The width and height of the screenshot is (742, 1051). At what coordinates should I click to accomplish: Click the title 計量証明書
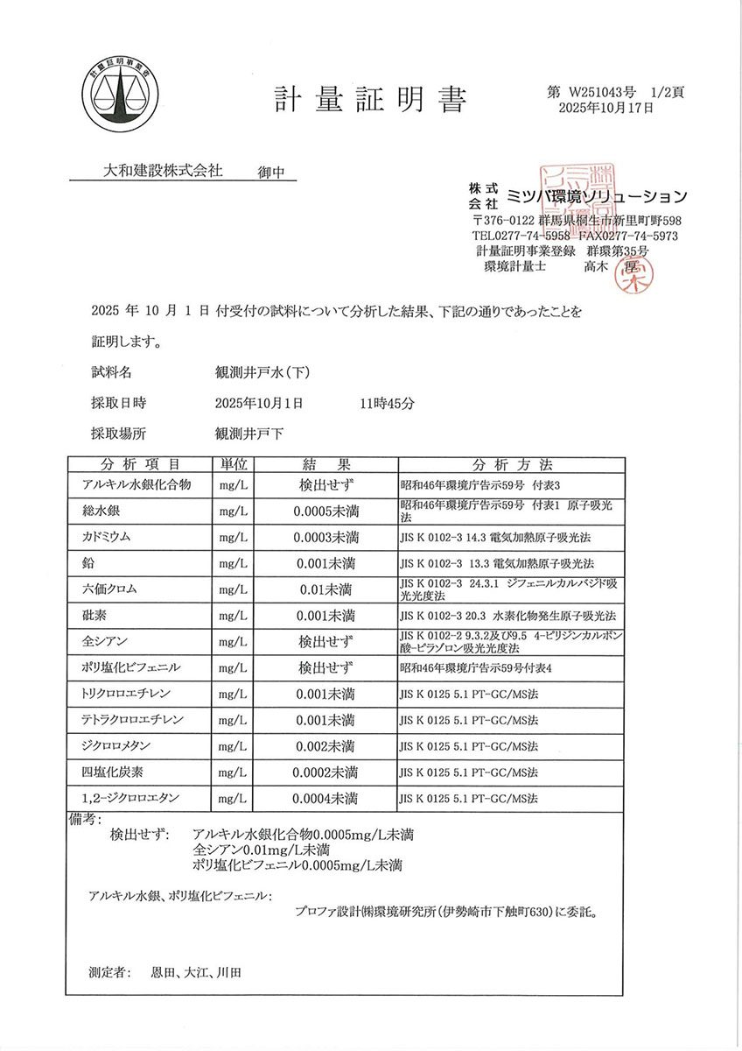(369, 99)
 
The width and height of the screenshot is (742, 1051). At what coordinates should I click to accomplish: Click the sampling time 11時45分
(381, 404)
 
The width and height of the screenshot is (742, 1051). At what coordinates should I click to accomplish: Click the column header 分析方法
(512, 464)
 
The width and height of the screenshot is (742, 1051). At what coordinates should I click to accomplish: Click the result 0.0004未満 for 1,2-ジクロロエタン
(325, 799)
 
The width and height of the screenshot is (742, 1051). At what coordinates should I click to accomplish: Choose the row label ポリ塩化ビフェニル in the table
(130, 667)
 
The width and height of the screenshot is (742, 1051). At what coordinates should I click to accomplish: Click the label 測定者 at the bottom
(109, 972)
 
